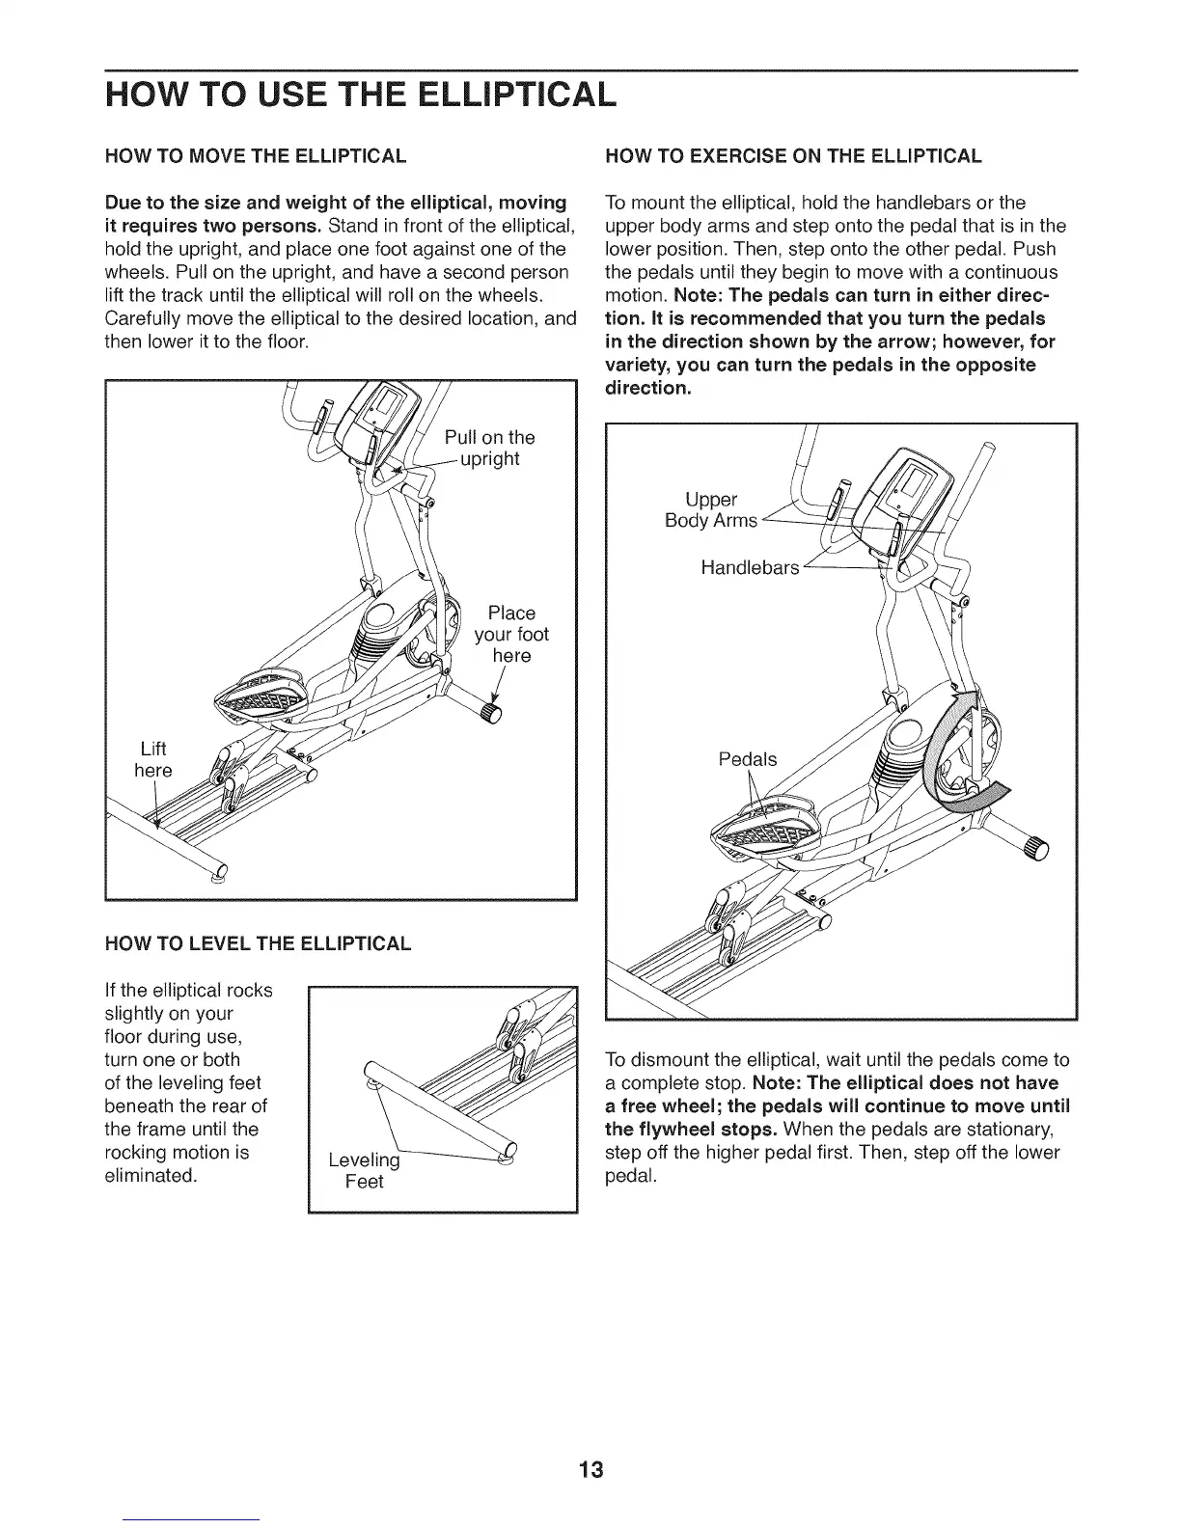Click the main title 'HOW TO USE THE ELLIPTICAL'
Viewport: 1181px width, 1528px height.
pyautogui.click(x=359, y=93)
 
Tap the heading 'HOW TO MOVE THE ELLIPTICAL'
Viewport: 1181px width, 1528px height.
pyautogui.click(x=255, y=156)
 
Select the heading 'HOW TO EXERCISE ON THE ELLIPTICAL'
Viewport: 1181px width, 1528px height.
pyautogui.click(x=792, y=156)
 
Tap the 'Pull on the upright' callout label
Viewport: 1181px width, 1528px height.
pyautogui.click(x=490, y=448)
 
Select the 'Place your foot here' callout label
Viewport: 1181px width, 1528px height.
pyautogui.click(x=511, y=634)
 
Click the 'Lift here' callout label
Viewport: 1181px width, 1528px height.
pyautogui.click(x=153, y=759)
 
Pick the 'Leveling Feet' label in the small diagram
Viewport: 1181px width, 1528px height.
pyautogui.click(x=364, y=1170)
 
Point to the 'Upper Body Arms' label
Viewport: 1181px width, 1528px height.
pyautogui.click(x=711, y=509)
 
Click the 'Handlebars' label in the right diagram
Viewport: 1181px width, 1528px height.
pyautogui.click(x=750, y=568)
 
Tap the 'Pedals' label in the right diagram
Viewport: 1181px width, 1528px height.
pyautogui.click(x=748, y=759)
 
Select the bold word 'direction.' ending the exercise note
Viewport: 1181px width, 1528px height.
pyautogui.click(x=646, y=388)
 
